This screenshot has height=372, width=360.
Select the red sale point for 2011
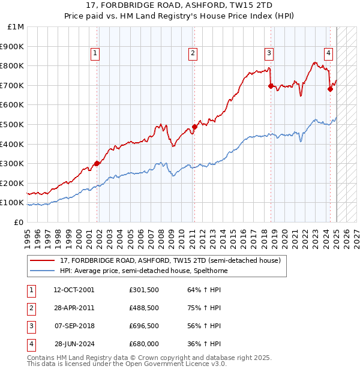coord(194,127)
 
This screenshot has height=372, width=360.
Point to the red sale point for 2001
coord(97,163)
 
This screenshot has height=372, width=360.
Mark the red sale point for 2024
coord(330,89)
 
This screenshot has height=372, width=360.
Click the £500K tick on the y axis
coord(14,124)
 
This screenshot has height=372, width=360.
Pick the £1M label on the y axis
coord(16,26)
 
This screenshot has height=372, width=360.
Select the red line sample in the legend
coord(43,261)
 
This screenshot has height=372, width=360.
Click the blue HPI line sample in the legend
coord(43,271)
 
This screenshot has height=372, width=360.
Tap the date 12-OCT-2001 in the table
coord(74,290)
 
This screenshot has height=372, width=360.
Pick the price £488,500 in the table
coord(144,308)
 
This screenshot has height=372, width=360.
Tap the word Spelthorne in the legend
coord(208,271)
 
